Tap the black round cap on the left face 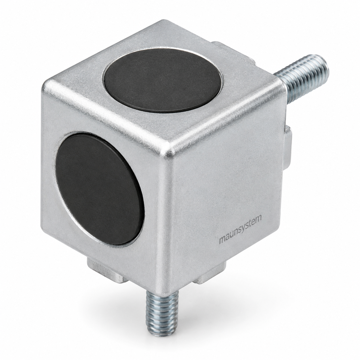coord(100,189)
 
